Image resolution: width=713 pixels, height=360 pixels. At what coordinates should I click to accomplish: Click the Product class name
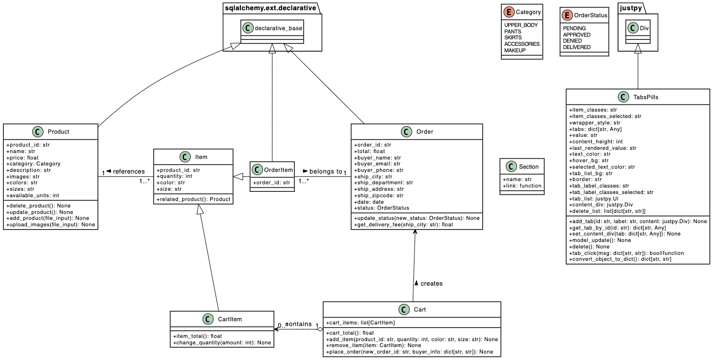(x=58, y=131)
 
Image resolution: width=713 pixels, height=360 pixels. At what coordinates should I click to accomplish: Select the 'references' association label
(x=128, y=171)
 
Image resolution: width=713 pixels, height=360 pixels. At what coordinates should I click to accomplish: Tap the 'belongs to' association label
(x=325, y=171)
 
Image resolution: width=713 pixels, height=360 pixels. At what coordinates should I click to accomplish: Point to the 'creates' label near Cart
(x=431, y=283)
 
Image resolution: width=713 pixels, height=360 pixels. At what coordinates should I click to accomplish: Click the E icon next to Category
(x=509, y=12)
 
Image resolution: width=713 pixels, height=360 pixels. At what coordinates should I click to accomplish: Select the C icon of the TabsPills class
(x=624, y=97)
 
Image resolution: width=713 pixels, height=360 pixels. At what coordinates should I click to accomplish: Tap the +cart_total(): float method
(x=350, y=333)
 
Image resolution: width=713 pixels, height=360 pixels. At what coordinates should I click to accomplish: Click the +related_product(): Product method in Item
(x=193, y=199)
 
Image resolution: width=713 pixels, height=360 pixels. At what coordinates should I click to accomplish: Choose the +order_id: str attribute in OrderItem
(x=272, y=182)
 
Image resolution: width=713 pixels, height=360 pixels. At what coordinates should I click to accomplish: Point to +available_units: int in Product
(x=32, y=196)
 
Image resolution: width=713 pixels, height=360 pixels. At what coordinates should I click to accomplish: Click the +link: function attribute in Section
(x=522, y=186)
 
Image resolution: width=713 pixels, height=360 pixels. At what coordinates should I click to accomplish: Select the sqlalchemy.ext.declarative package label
(x=270, y=8)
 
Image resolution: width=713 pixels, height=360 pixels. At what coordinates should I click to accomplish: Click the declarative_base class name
(x=279, y=28)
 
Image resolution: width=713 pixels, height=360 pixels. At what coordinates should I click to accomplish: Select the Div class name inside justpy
(x=645, y=28)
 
